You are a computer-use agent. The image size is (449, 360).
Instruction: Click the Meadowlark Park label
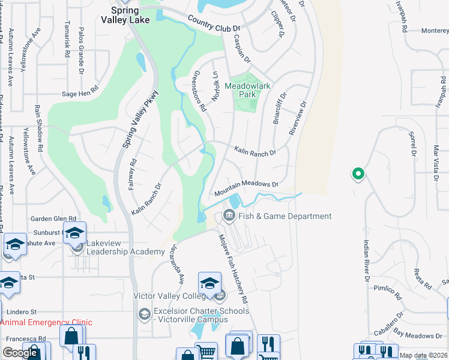[x=248, y=90]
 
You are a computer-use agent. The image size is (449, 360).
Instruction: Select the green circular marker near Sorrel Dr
[x=358, y=174]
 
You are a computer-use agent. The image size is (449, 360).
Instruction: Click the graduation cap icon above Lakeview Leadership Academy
[x=75, y=233]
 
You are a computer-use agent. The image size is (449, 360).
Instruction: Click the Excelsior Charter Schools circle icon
[x=144, y=314]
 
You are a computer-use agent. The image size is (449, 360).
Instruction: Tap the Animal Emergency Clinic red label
[x=46, y=322]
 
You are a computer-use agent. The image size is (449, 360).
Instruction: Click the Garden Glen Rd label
[x=55, y=219]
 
